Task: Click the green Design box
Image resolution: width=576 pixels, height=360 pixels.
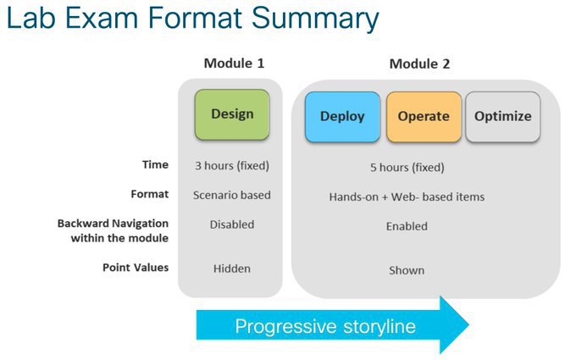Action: click(232, 114)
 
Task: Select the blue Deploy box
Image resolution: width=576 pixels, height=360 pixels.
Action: click(342, 117)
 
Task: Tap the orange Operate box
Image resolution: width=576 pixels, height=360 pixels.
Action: click(424, 117)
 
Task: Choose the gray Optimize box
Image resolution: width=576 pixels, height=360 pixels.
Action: click(503, 117)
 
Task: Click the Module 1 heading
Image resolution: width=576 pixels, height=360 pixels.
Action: click(234, 64)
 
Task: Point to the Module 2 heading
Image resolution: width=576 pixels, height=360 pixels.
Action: click(419, 64)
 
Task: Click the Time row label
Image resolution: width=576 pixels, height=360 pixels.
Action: click(155, 164)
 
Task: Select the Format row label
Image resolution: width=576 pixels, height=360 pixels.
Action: click(150, 194)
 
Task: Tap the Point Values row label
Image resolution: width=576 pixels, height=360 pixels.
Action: click(136, 268)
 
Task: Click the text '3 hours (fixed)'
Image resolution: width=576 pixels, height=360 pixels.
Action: click(232, 166)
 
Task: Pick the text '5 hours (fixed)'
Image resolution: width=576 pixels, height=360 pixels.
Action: click(407, 168)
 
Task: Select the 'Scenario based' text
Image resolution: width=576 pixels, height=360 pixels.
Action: click(232, 195)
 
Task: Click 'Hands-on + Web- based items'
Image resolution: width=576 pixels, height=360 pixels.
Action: click(407, 197)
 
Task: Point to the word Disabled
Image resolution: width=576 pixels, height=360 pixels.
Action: click(232, 224)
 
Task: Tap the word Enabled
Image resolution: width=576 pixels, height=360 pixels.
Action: click(407, 226)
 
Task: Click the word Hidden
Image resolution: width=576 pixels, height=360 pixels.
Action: click(232, 269)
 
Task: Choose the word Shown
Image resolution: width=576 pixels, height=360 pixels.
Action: click(407, 270)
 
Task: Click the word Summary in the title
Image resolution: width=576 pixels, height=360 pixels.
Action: click(315, 19)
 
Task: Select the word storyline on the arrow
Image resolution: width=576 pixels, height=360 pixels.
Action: click(379, 326)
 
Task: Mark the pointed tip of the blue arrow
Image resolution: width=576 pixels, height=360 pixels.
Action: click(468, 324)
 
